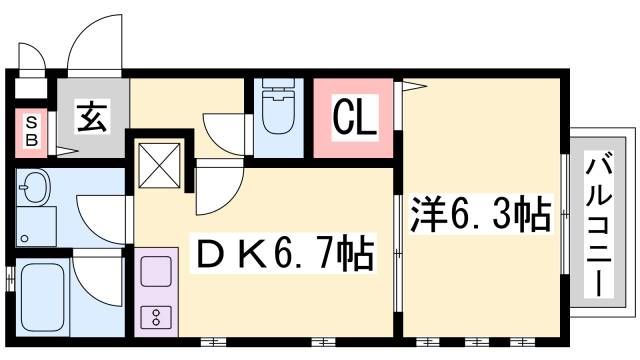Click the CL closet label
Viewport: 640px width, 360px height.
pos(353,121)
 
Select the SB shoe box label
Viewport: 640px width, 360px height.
pos(31,131)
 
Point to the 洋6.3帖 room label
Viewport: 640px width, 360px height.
pos(480,213)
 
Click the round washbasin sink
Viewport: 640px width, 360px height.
pos(37,188)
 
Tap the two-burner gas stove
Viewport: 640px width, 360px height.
pos(157,318)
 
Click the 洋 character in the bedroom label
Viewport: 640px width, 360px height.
pos(426,213)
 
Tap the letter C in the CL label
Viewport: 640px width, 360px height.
pos(341,121)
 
